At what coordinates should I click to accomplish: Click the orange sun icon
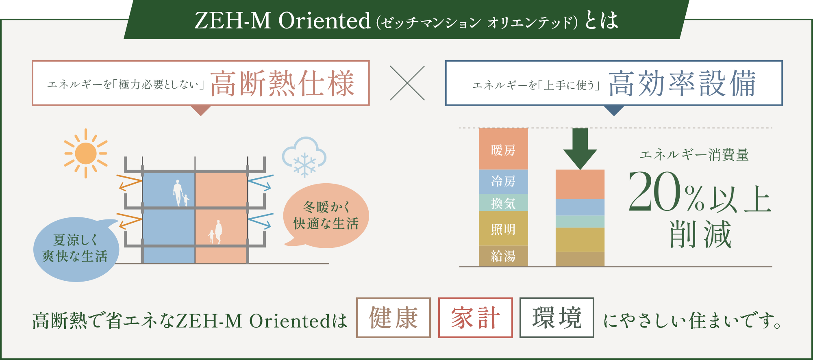point(86,153)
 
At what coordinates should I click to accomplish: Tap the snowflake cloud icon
point(304,157)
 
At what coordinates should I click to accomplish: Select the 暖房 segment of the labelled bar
point(503,149)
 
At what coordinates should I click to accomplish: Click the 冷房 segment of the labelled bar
point(503,182)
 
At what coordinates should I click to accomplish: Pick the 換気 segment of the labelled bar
point(503,203)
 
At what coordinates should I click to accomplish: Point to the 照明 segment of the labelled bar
point(503,228)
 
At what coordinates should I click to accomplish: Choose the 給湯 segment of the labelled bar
point(503,256)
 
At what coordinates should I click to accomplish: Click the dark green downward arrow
point(580,149)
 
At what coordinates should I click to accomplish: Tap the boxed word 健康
point(393,318)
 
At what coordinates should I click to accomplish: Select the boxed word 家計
point(475,318)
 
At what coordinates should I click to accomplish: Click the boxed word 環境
point(557,318)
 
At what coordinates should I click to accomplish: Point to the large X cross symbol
point(407,83)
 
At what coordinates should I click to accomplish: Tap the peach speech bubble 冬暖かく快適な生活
point(326,215)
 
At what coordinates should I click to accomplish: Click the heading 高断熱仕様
point(283,83)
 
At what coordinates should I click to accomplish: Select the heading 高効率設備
point(682,83)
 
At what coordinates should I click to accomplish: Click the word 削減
point(700,234)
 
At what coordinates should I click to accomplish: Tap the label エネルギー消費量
point(694,155)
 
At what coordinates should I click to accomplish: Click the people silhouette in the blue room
point(180,193)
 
